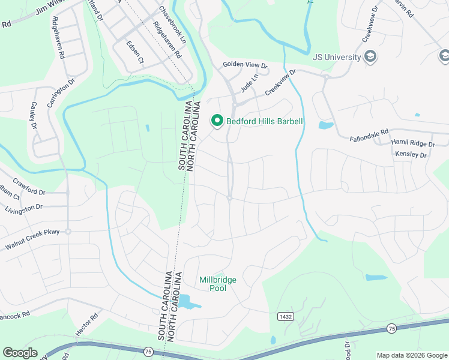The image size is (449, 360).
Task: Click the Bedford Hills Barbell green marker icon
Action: tap(217, 121)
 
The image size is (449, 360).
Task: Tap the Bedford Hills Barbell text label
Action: tap(264, 122)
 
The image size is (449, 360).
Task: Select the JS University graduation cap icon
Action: tap(371, 57)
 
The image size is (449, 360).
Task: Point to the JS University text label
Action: tap(337, 58)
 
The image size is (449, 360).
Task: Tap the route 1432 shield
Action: tap(285, 316)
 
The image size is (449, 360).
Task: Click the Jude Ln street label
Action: tap(249, 83)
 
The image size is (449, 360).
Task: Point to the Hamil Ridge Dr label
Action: tap(412, 143)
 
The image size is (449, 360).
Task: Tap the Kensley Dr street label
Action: tap(411, 155)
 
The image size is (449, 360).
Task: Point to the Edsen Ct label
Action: tap(135, 52)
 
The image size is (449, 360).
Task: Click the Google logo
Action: tap(20, 353)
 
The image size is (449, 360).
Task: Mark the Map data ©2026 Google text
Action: tap(411, 355)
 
